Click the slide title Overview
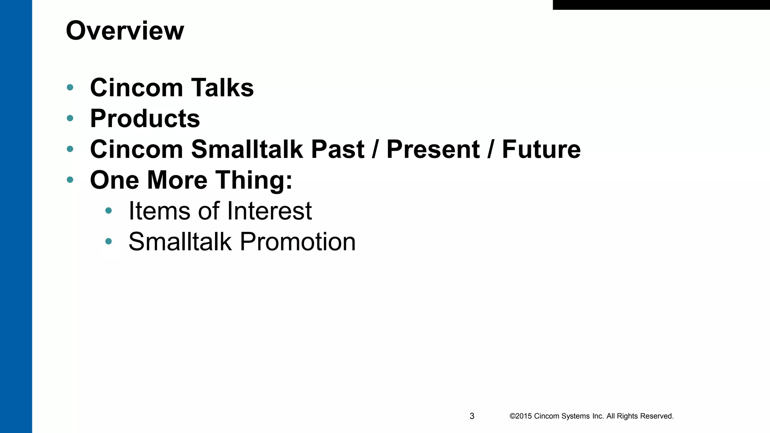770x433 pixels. (125, 31)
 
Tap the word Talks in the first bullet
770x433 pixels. (223, 88)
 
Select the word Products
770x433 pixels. (145, 119)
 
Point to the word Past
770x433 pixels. (337, 149)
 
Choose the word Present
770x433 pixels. (433, 149)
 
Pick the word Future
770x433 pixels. (541, 149)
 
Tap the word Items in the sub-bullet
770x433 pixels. (159, 211)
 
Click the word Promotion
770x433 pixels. (297, 242)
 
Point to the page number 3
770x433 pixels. (472, 416)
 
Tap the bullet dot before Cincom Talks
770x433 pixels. (70, 88)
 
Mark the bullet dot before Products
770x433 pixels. (70, 118)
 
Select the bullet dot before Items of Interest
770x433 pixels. (109, 210)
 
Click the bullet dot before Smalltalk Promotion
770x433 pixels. (109, 241)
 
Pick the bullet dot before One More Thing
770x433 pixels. (70, 180)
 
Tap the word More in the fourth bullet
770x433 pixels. (177, 180)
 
